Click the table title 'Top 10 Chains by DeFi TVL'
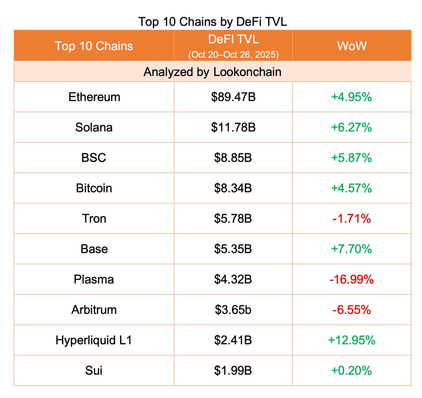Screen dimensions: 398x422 [x=212, y=22]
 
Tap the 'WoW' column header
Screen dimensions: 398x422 [x=352, y=46]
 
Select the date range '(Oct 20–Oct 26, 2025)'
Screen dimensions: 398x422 [x=234, y=55]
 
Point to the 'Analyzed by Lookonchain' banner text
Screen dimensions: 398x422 [x=212, y=72]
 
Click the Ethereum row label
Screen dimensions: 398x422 [x=94, y=97]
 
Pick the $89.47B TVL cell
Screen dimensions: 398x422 [x=233, y=97]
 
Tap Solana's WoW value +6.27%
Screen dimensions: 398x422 [x=351, y=127]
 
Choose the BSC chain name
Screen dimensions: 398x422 [x=94, y=158]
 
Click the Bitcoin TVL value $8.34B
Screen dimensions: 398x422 [x=233, y=188]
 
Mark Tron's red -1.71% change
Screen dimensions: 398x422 [x=351, y=219]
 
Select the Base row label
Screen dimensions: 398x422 [x=94, y=249]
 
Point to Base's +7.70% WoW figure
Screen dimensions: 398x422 [x=351, y=249]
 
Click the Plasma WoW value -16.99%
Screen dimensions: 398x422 [x=351, y=279]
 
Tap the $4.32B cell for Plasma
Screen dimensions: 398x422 [x=233, y=279]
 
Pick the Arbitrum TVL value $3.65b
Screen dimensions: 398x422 [x=233, y=310]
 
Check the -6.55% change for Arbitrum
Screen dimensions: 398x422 [x=351, y=310]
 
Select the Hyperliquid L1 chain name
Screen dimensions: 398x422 [x=94, y=340]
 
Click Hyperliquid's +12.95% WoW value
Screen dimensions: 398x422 [x=351, y=340]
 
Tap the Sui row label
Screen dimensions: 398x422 [x=94, y=371]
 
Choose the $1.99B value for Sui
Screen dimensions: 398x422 [x=233, y=371]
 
